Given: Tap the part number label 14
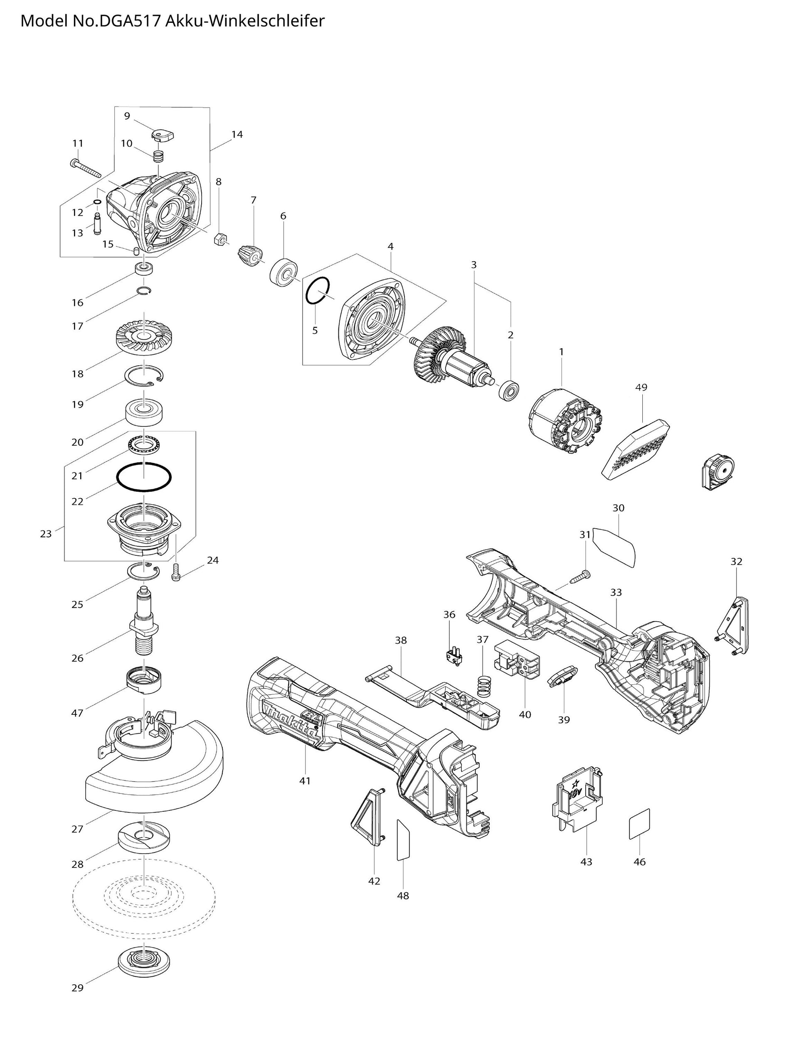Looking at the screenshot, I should click(x=237, y=134).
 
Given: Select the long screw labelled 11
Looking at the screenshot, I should click(x=86, y=168).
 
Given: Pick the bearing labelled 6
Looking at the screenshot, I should click(x=284, y=273).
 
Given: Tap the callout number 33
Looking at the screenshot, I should click(x=616, y=592).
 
